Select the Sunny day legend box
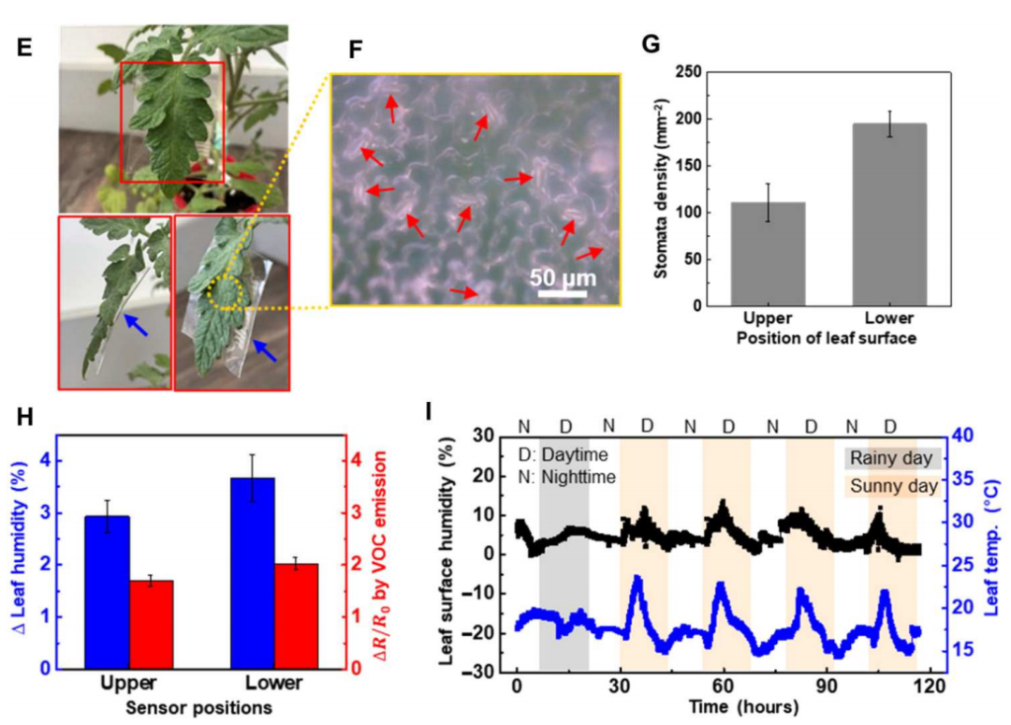tap(892, 486)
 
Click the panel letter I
tap(429, 409)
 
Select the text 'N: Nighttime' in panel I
tap(567, 477)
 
